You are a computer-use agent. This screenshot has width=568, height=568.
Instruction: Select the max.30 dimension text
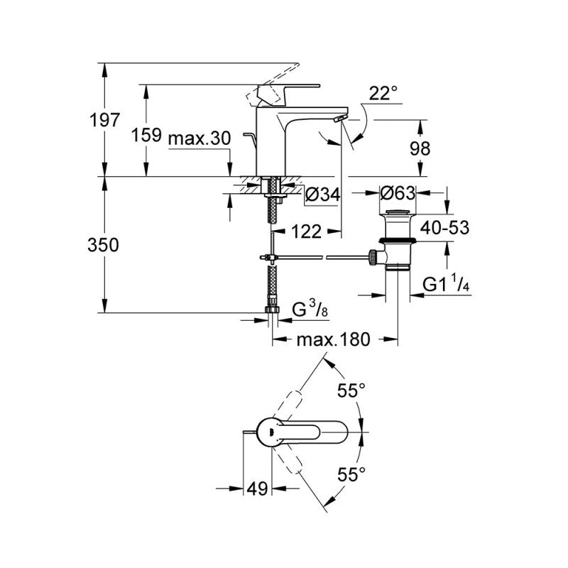point(200,139)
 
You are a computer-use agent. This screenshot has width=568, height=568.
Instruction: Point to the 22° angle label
point(383,93)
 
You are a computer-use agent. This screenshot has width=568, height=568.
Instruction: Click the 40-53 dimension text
point(444,227)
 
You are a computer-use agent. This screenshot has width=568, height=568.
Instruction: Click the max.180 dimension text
point(334,339)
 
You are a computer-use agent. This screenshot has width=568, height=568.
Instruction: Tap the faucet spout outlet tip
point(339,117)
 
